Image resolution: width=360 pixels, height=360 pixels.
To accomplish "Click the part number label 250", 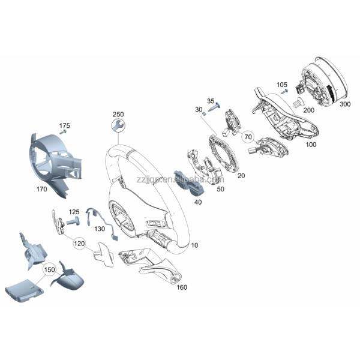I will pos(118,114).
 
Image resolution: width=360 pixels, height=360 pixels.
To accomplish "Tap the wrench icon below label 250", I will pos(118,125).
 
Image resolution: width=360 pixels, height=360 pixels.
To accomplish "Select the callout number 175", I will pos(65,125).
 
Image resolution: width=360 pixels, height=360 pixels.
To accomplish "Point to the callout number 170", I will pos(41,188).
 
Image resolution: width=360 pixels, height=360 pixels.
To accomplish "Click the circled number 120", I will pos(79,244).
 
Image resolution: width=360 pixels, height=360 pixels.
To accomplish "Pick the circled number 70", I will pos(248,137).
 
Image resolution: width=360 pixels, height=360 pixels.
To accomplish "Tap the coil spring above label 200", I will pos(295,104).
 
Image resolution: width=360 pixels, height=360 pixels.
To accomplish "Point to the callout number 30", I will pos(199,109).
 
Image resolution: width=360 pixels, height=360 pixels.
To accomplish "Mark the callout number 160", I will pos(182,287).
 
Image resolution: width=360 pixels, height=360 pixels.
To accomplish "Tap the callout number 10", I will pos(194,246).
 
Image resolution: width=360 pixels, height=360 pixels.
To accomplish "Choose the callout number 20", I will pos(242,176).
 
